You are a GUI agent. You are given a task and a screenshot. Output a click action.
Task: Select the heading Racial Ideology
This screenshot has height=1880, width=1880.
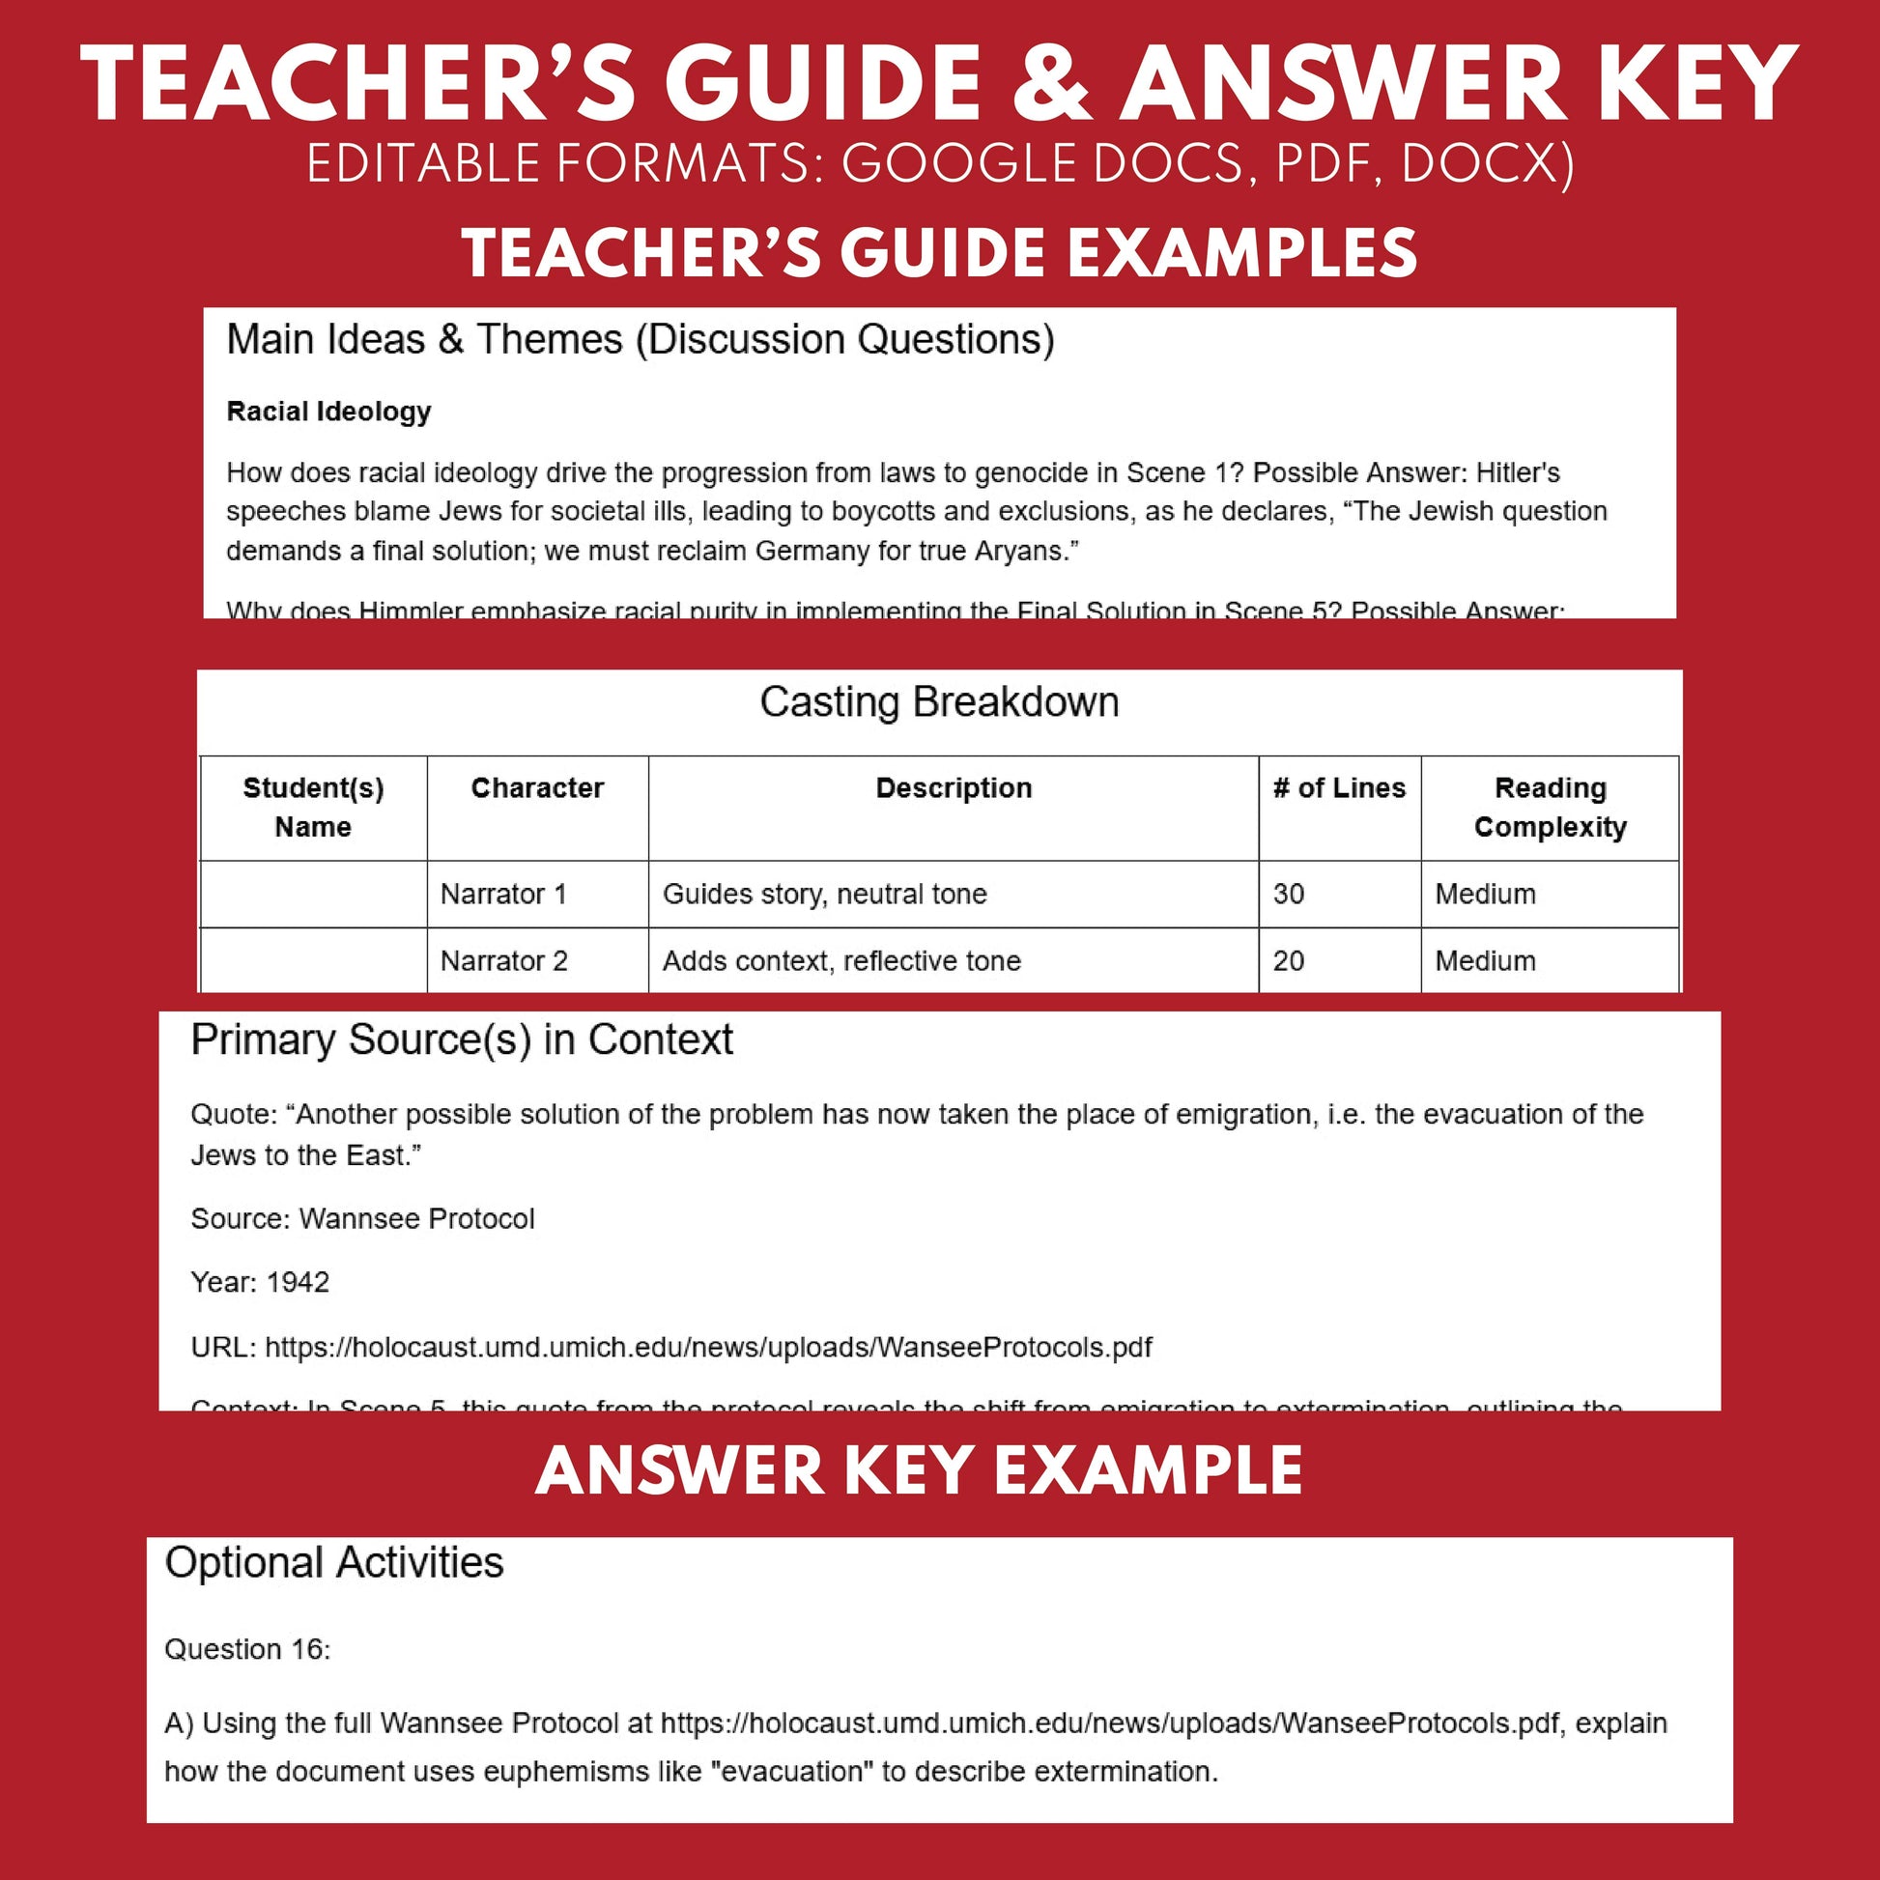click(328, 412)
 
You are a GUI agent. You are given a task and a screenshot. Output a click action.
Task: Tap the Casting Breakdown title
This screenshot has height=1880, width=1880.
click(939, 701)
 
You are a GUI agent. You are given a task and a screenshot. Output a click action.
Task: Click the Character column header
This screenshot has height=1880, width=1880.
click(537, 787)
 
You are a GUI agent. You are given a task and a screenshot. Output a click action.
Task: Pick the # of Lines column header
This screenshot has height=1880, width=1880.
click(1339, 787)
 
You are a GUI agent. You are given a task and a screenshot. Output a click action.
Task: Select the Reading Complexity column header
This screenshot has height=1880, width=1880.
click(1550, 807)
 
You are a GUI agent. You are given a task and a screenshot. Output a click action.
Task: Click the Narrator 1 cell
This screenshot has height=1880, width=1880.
click(503, 894)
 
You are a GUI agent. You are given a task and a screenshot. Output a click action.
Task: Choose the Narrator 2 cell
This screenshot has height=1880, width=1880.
click(503, 960)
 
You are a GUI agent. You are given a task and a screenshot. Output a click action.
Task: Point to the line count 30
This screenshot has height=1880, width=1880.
click(1289, 894)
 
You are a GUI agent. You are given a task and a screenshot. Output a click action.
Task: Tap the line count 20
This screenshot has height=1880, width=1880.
click(1289, 960)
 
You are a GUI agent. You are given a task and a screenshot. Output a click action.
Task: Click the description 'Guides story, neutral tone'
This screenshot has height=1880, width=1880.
click(824, 894)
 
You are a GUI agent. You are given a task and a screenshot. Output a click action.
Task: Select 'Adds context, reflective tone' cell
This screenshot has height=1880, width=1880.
click(840, 960)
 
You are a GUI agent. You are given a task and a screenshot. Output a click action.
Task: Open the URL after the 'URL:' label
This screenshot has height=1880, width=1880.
click(707, 1347)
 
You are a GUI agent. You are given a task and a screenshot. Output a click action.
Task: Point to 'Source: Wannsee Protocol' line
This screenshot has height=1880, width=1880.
click(362, 1218)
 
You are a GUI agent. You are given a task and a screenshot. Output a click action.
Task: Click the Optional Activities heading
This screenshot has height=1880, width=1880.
click(333, 1562)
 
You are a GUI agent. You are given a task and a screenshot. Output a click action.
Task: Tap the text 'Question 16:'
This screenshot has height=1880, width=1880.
click(247, 1648)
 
